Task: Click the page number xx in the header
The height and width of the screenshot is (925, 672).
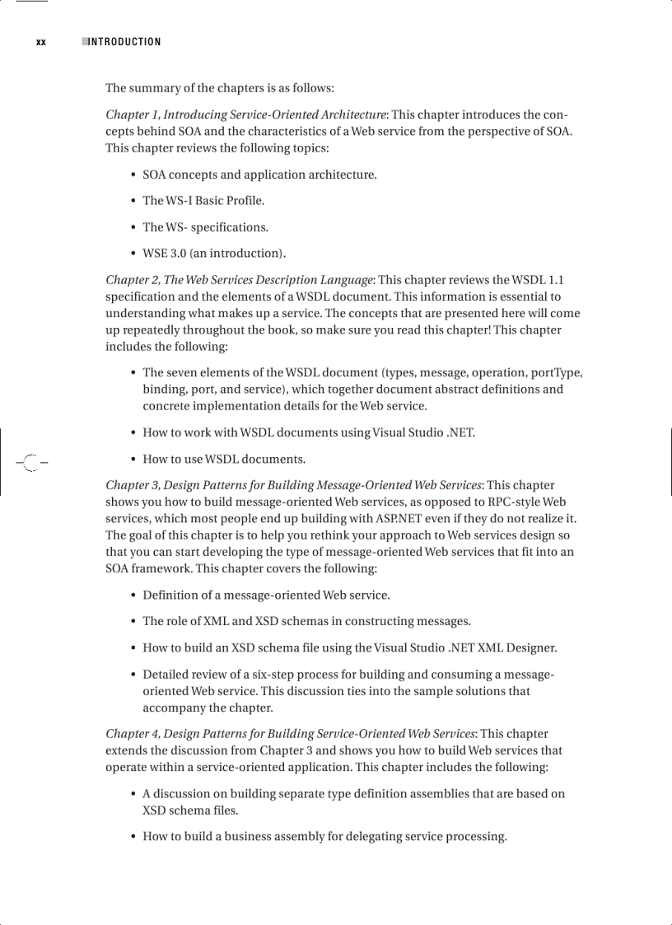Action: pyautogui.click(x=41, y=42)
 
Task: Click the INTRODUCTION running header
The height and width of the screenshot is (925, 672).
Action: pyautogui.click(x=124, y=42)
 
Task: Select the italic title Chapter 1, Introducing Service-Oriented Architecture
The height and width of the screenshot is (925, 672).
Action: pyautogui.click(x=246, y=114)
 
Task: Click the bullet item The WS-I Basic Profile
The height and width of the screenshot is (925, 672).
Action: pyautogui.click(x=203, y=201)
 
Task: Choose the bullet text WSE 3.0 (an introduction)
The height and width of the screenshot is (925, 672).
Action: pyautogui.click(x=214, y=254)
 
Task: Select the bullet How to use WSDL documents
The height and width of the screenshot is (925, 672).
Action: pyautogui.click(x=224, y=460)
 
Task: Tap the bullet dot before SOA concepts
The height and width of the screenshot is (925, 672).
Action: pyautogui.click(x=133, y=175)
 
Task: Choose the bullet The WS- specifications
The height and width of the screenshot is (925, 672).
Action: pyautogui.click(x=205, y=227)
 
